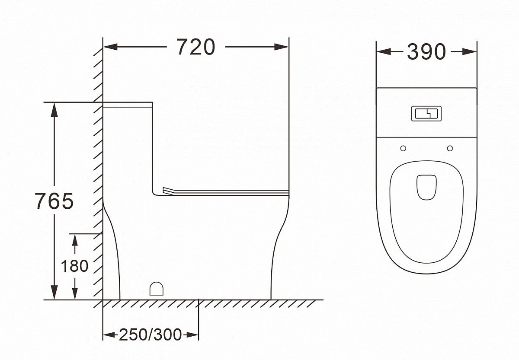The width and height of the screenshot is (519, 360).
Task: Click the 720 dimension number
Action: tap(196, 47)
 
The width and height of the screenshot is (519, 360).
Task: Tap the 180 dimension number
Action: tap(74, 266)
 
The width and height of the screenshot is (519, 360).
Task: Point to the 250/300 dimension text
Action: tap(150, 335)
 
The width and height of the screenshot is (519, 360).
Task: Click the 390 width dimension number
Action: tap(426, 51)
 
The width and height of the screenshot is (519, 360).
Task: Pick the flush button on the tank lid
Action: tap(426, 113)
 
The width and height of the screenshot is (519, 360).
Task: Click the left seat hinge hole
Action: tap(403, 148)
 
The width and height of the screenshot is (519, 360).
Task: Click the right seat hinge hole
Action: tap(450, 148)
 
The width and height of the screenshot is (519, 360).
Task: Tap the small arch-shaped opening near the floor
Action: tap(157, 289)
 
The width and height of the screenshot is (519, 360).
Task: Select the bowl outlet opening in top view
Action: tap(426, 187)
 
